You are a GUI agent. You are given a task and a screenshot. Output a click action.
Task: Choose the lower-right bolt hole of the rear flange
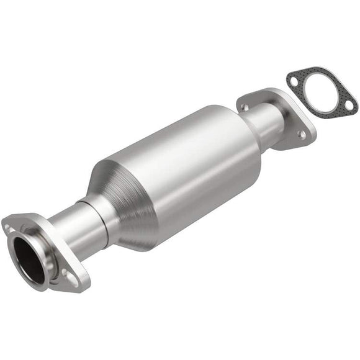coord(302,133)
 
